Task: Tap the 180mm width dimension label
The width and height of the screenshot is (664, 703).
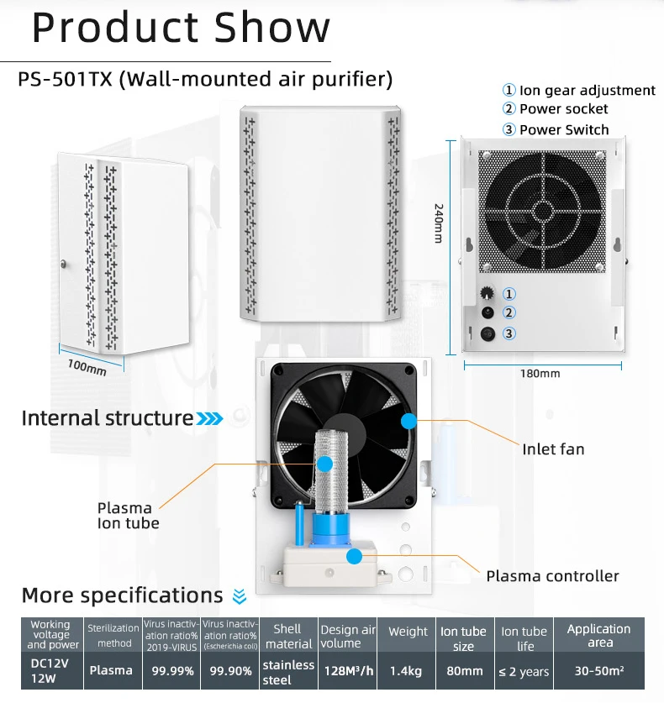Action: pyautogui.click(x=539, y=373)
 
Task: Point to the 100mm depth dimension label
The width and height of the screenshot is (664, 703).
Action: pyautogui.click(x=87, y=366)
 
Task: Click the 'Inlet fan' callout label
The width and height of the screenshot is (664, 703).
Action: pyautogui.click(x=553, y=449)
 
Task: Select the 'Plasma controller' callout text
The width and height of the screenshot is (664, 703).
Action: pyautogui.click(x=552, y=576)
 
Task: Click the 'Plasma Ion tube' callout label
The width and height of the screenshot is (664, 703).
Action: pyautogui.click(x=128, y=516)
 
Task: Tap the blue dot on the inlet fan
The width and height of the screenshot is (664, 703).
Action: pyautogui.click(x=408, y=421)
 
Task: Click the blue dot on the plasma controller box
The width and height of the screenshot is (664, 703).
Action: pyautogui.click(x=355, y=555)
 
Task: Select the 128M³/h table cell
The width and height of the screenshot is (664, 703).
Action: pyautogui.click(x=347, y=670)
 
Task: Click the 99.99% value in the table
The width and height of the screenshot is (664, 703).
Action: pyautogui.click(x=173, y=670)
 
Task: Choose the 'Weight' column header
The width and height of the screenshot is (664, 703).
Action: pyautogui.click(x=408, y=632)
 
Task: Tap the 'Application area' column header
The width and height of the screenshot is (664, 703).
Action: pyautogui.click(x=598, y=635)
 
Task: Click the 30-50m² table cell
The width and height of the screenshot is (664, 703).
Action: pyautogui.click(x=598, y=670)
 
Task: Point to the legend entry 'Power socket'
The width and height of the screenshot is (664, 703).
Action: pyautogui.click(x=563, y=109)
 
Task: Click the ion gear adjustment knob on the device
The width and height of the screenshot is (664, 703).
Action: pyautogui.click(x=486, y=294)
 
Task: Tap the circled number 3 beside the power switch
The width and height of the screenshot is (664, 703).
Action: pyautogui.click(x=509, y=333)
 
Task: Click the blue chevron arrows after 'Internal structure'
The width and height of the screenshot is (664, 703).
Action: pyautogui.click(x=210, y=418)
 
